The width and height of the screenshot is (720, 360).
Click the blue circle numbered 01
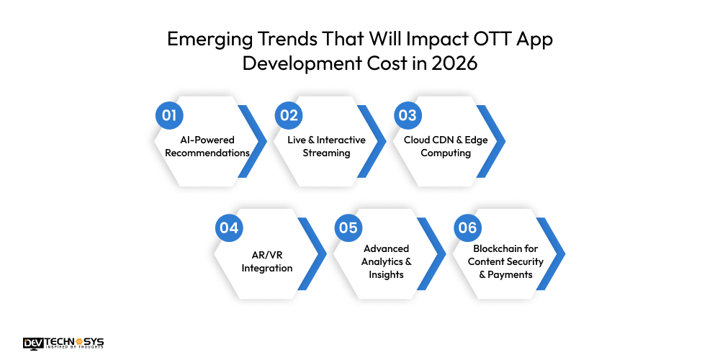coord(169,116)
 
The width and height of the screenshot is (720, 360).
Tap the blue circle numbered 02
coord(289,116)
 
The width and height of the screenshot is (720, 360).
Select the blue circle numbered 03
coord(408,116)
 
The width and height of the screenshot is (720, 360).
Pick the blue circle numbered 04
coord(229,228)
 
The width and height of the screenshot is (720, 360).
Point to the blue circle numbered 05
coord(348,228)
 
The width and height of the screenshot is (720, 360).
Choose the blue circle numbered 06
coord(467,228)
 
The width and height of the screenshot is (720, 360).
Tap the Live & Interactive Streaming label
coord(326,146)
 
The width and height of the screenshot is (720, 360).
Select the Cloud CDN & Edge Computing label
coord(446,146)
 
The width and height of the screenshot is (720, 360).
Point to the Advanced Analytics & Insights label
coord(387,261)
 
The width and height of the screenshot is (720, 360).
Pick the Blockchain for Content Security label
coord(505,261)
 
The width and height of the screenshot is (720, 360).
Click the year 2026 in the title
coord(454,63)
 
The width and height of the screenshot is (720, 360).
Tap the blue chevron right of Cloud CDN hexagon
coord(494,141)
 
